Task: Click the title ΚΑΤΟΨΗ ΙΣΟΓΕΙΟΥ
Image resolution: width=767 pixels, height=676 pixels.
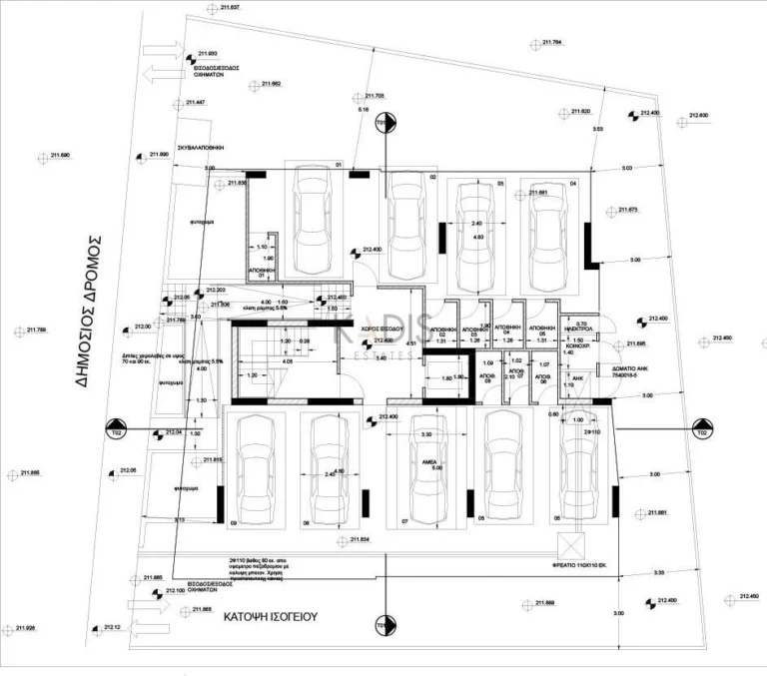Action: [x=270, y=616]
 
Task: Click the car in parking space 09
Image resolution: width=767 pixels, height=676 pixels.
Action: [x=254, y=469]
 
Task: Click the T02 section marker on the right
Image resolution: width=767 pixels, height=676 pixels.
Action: [x=701, y=433]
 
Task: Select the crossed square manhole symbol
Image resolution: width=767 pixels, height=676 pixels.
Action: [x=571, y=545]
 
